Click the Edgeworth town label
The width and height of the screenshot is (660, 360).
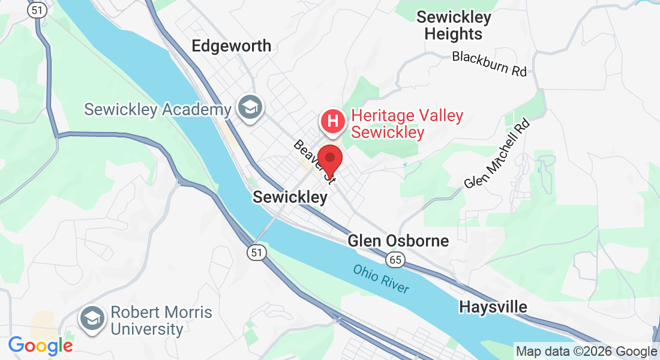coord(231,46)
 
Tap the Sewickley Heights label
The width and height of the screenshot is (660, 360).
coord(454,26)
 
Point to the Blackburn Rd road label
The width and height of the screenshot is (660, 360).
coord(489,64)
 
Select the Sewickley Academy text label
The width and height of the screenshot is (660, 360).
coord(157,110)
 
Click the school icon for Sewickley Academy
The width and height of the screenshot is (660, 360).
coord(248,108)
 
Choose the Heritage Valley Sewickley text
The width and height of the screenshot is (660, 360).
coord(407,124)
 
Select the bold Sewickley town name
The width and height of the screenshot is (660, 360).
coord(290,197)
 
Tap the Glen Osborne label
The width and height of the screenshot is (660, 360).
coord(398,241)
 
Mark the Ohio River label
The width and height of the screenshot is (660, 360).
coord(381,279)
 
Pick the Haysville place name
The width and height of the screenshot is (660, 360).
coord(493,307)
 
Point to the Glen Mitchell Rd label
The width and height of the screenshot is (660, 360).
coord(498,154)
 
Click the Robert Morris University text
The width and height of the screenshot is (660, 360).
coord(161,321)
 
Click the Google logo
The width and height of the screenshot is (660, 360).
coord(40,346)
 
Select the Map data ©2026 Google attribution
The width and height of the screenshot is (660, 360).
coord(586,352)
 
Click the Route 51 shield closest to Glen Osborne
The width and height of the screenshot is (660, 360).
coord(257,253)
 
